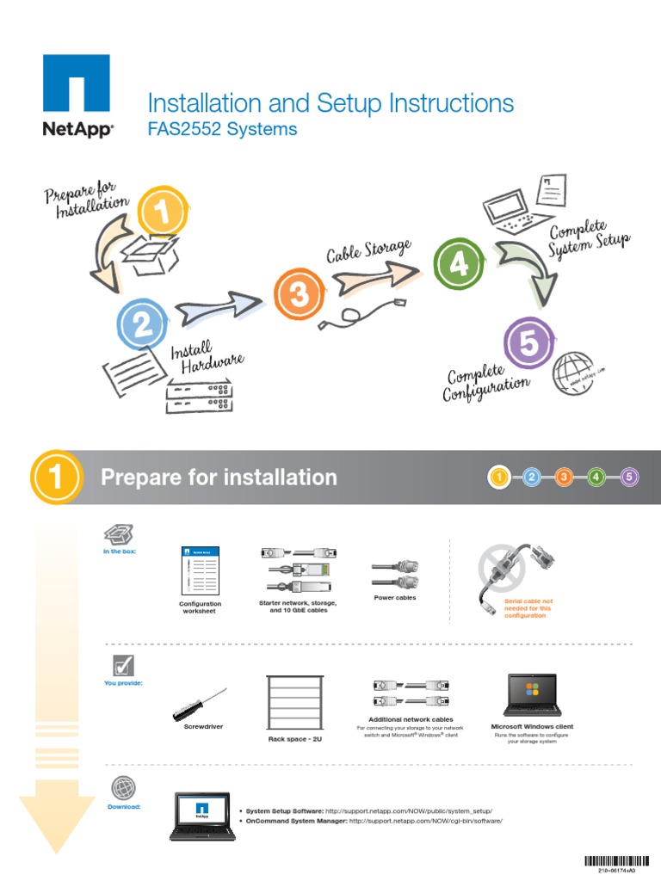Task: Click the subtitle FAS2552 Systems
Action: (222, 129)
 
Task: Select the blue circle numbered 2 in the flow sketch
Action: (142, 323)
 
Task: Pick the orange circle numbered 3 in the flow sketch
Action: (299, 295)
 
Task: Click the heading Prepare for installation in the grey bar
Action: (219, 477)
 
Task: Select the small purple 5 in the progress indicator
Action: (628, 477)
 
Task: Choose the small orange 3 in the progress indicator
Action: (564, 477)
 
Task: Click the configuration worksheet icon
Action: (200, 570)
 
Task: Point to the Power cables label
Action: (395, 597)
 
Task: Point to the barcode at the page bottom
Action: (617, 860)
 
